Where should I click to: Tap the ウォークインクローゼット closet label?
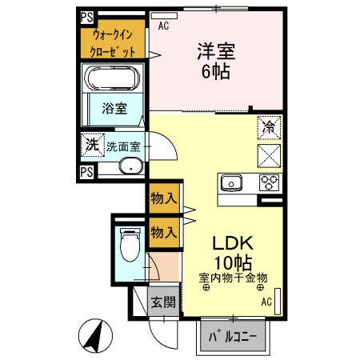pos(112,42)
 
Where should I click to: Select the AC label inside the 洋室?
pos(164,26)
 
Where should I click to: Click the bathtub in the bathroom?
pos(112,80)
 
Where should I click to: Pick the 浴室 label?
pos(114,108)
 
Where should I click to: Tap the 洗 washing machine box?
pos(90,146)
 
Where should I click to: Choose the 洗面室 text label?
pos(123,146)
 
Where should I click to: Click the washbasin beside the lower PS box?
pos(130,167)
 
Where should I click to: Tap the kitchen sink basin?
pos(231,183)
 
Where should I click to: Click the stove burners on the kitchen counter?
pos(270,182)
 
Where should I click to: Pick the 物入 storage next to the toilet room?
pos(163,232)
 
